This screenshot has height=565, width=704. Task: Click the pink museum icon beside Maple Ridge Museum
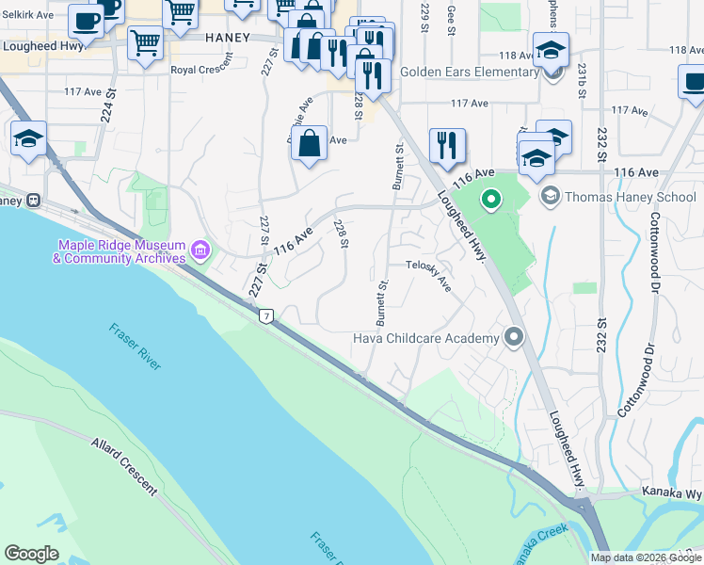pos(199,250)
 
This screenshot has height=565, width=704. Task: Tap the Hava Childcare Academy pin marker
pos(513,336)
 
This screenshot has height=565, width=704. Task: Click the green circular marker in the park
pos(490,200)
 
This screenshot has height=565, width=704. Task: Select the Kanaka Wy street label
pos(672,492)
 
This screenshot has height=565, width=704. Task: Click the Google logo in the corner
pos(32,554)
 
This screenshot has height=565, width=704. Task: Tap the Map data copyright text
pos(646,557)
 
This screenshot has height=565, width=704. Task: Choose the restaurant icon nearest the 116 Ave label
pos(446,145)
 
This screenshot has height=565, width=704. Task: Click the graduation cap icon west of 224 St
pos(29,140)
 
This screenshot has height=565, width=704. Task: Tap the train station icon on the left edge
pos(34,200)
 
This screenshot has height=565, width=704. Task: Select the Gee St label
pos(452,19)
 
